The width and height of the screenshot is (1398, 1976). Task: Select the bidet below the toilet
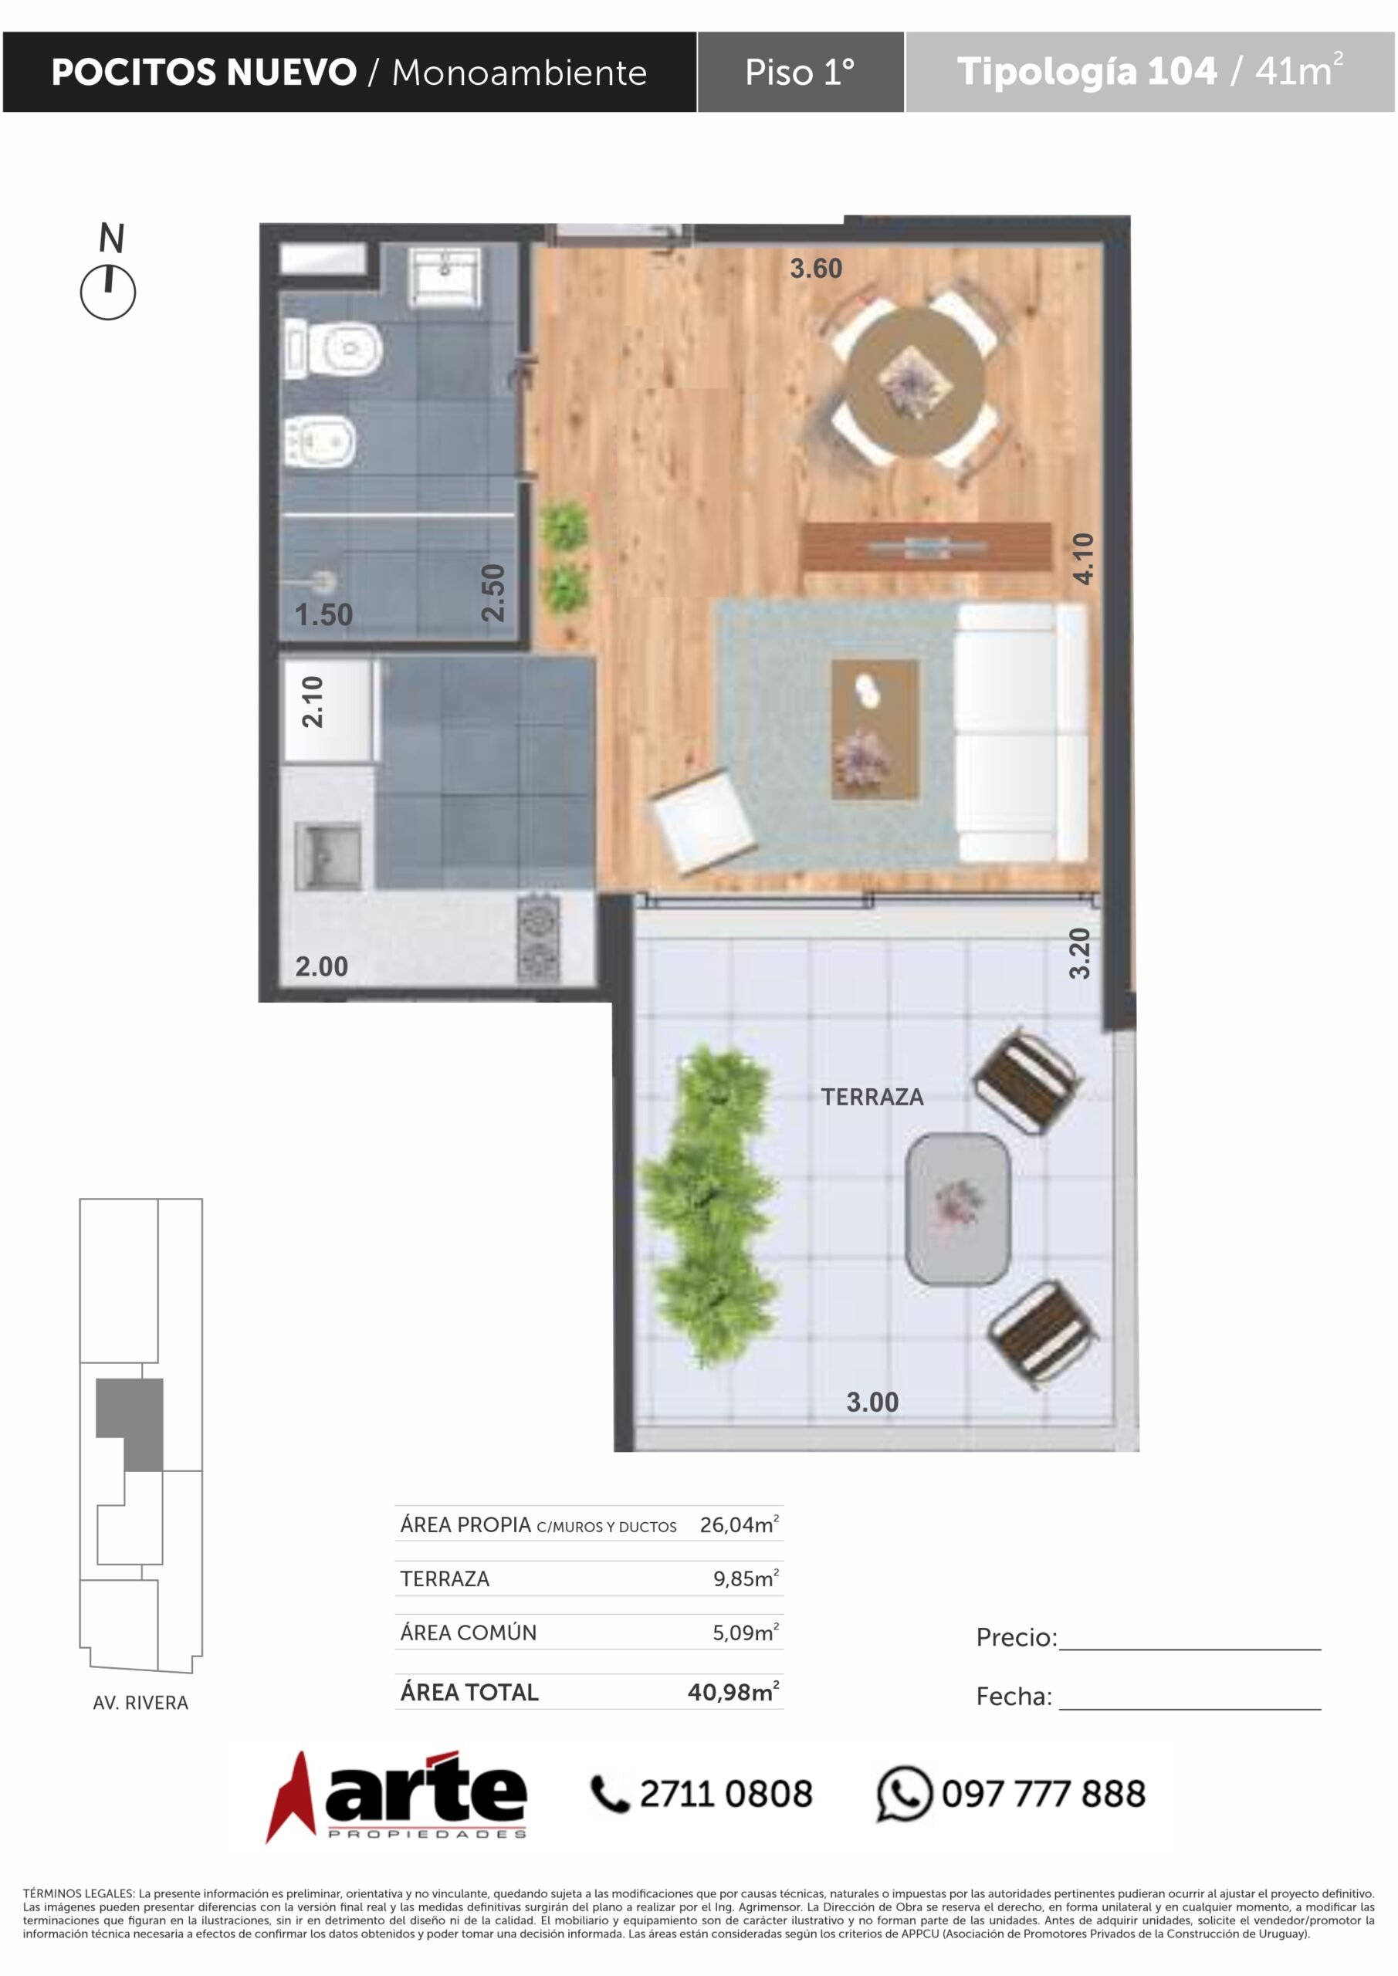coord(320,442)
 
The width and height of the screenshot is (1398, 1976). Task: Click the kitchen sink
coord(328,855)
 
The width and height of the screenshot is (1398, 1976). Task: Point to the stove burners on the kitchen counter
coord(538,938)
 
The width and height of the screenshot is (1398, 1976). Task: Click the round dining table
coord(914,380)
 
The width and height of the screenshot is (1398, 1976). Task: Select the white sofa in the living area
coord(1022,733)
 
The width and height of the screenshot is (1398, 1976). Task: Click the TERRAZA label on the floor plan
coord(872,1098)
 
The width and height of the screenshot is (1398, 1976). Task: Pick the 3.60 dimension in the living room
coord(816,269)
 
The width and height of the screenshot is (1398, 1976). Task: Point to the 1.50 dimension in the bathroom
coord(323,614)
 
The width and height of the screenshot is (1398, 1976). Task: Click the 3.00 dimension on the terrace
coord(872,1402)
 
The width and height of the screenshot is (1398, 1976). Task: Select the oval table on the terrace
coord(958,1210)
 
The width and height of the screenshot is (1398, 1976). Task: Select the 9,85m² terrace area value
coord(746,1578)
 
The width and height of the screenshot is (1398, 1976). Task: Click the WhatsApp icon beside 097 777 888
coord(904,1794)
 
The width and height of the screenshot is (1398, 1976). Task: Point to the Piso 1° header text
coord(800,73)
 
